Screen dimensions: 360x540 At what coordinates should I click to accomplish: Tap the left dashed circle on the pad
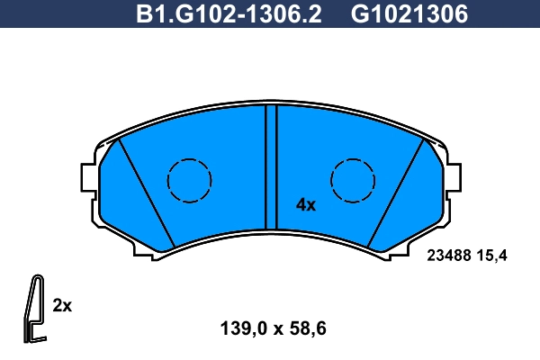click(x=189, y=180)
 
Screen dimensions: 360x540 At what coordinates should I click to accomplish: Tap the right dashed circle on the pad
click(x=353, y=180)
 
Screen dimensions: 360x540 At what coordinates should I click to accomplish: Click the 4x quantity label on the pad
click(x=306, y=205)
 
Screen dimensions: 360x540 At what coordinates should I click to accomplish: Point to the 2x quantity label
click(x=62, y=305)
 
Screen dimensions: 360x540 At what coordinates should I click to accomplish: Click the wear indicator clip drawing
click(x=34, y=306)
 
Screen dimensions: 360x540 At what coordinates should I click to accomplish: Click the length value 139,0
click(x=238, y=329)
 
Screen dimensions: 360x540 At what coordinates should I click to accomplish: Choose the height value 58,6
click(x=306, y=329)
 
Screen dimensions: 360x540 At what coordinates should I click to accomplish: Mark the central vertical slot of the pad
click(x=271, y=166)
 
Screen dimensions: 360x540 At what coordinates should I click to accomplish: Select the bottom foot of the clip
click(x=36, y=338)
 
